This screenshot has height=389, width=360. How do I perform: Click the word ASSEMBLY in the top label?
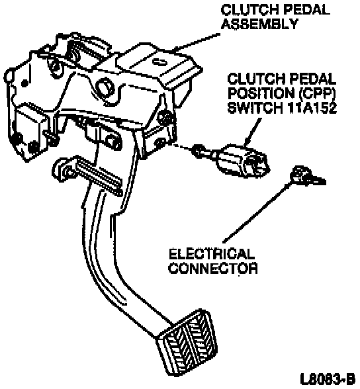click(259, 24)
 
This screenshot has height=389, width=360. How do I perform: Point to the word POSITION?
click(261, 93)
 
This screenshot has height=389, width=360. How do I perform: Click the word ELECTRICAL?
click(211, 254)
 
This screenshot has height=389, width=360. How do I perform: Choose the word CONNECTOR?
click(213, 268)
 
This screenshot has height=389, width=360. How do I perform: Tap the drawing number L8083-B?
click(328, 378)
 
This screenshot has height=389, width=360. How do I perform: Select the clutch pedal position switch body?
click(242, 160)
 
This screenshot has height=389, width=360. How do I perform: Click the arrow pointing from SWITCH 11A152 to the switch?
click(253, 133)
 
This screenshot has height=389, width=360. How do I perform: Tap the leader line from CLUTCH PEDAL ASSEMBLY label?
click(197, 41)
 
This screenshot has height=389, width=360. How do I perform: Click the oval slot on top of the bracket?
click(159, 61)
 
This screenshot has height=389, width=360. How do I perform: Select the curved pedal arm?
click(112, 261)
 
